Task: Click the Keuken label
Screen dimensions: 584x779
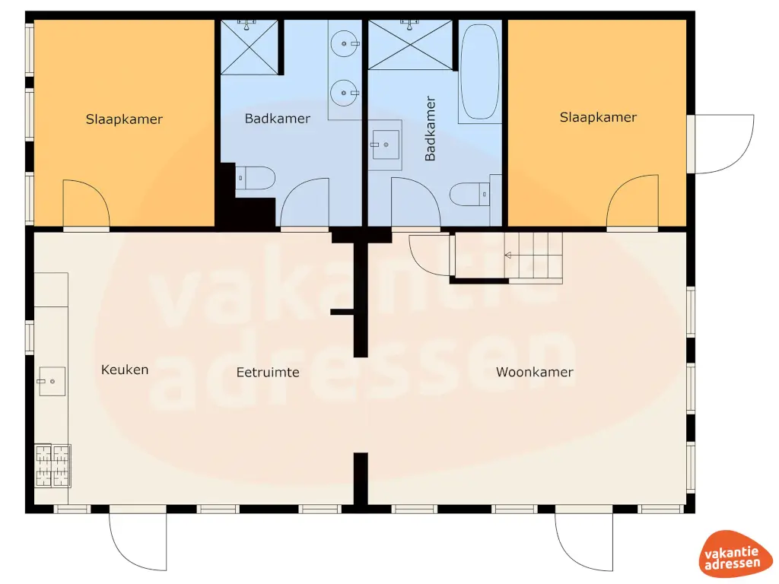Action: pos(125,370)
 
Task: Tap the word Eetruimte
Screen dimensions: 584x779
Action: pos(268,373)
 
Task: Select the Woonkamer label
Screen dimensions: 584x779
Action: pos(534,373)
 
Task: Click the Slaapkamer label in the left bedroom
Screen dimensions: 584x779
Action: pos(124,119)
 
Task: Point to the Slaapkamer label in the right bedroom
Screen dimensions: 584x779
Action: pos(598,117)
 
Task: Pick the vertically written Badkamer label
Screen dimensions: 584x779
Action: pos(431,129)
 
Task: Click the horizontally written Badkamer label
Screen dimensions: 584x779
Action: pos(278,119)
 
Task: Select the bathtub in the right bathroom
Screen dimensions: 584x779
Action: pos(480,72)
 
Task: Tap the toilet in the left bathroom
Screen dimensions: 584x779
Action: pos(255,179)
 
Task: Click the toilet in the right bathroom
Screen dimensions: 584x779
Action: pos(470,195)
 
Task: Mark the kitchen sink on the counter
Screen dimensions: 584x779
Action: pos(52,382)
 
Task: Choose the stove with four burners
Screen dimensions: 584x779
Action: pos(52,465)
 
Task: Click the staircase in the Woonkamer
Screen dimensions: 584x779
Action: pos(533,255)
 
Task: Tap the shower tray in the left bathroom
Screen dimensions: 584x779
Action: pos(249,46)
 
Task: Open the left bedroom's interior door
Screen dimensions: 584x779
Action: pos(86,204)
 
